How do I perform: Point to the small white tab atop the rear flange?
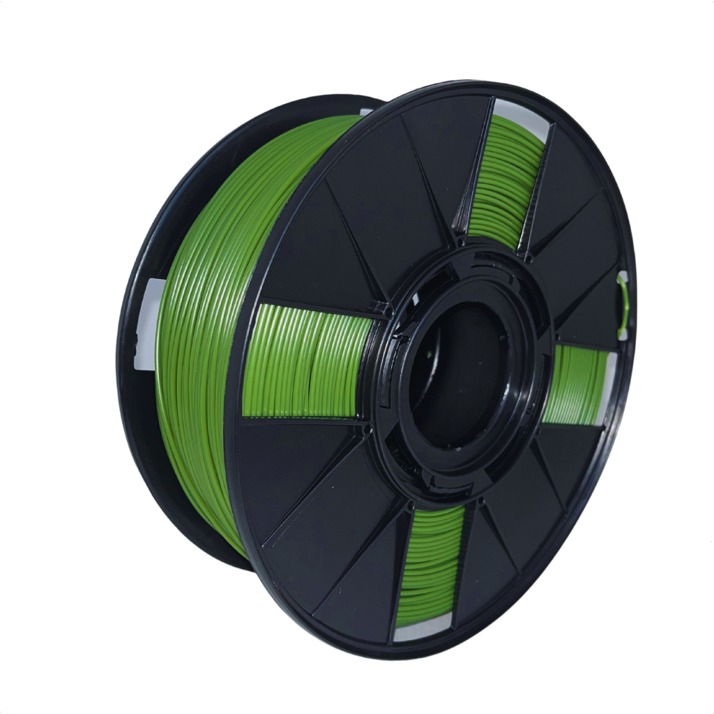(x=366, y=112)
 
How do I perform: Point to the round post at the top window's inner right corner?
(x=530, y=259)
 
